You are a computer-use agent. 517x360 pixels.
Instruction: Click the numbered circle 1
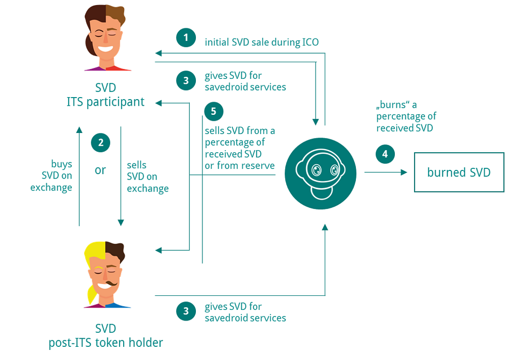[186, 37]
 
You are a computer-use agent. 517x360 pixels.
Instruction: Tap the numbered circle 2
[101, 143]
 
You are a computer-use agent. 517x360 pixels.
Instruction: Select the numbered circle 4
[385, 154]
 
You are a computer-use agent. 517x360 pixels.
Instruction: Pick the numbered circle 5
[214, 112]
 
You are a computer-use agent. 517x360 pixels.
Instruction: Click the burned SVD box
[459, 172]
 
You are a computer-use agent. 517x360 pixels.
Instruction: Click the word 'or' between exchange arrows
[100, 170]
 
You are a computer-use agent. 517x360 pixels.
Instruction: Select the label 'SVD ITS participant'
[106, 95]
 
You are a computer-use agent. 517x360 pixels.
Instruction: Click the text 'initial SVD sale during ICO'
[262, 42]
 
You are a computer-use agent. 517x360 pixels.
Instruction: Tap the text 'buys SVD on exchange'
[51, 176]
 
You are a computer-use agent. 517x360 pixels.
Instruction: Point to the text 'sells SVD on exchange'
[147, 177]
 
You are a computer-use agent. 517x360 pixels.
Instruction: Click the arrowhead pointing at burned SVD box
[403, 172]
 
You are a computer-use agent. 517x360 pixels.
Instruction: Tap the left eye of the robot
[317, 170]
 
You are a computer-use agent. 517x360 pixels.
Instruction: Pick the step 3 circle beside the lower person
[186, 311]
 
